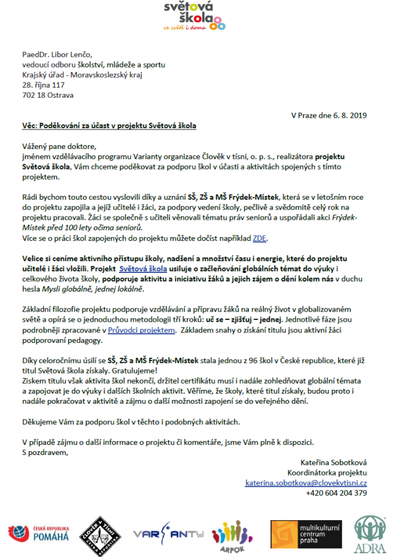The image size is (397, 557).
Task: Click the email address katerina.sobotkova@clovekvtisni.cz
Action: click(x=306, y=483)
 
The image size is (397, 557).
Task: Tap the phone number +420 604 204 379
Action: click(x=336, y=493)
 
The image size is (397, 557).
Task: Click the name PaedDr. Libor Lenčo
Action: click(x=57, y=54)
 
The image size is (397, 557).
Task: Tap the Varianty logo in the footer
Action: click(x=160, y=533)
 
